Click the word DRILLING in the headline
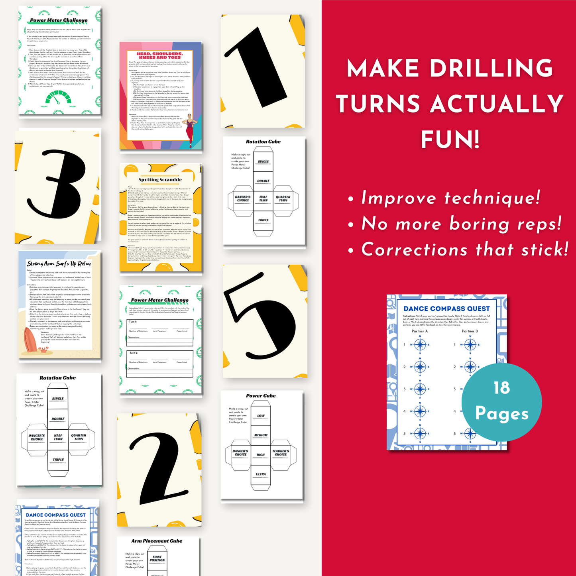pos(491,68)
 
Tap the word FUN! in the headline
pos(450,140)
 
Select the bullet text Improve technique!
pos(450,198)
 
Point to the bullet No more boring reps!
pos(461,224)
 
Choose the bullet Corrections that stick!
pos(464,250)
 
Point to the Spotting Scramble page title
pos(160,180)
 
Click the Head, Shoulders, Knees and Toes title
pos(160,55)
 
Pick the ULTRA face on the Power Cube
pos(261,474)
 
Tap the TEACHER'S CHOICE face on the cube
pos(281,453)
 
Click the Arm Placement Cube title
pos(157,541)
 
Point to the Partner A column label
pos(419,331)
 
